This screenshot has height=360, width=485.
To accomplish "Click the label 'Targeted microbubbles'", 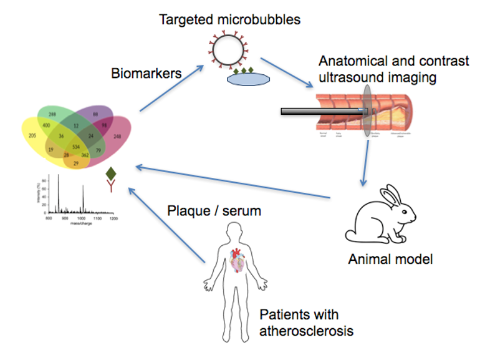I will pos(229,19).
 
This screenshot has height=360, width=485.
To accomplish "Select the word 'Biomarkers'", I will pos(146,73).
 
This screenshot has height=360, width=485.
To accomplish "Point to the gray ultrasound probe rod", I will pos(321,111).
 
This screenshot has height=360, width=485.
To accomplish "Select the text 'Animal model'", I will pos(390,258).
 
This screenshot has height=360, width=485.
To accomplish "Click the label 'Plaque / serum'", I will pos(214,211).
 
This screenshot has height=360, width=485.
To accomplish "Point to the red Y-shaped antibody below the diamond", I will pos(110,187).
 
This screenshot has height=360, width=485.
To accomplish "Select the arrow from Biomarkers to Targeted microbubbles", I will pos(172,87).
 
